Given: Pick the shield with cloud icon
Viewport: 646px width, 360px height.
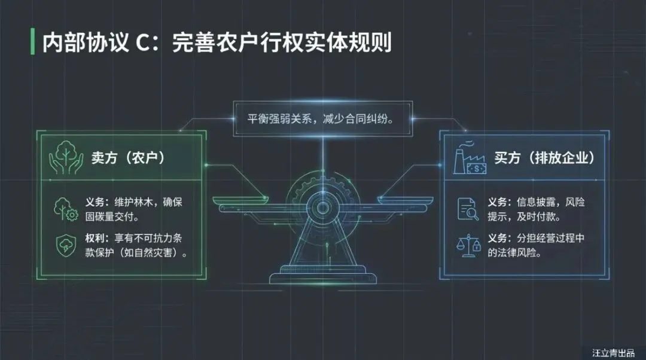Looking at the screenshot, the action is (x=65, y=245).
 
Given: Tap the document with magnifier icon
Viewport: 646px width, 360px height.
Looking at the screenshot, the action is (x=468, y=209).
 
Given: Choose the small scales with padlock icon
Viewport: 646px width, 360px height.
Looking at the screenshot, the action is (x=468, y=244).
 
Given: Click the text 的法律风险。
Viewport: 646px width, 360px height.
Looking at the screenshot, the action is (x=515, y=253).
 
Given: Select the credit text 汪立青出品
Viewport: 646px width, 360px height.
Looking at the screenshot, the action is (x=613, y=352).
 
